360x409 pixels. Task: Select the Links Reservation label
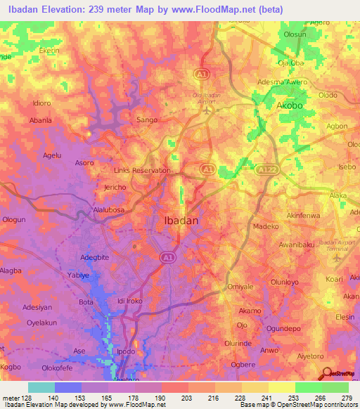pos(142,171)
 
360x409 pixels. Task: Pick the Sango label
pos(146,121)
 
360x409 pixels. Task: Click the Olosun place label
pos(294,34)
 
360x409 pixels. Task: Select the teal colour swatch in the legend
pos(41,387)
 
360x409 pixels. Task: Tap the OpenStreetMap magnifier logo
pos(328,374)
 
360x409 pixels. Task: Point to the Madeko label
pos(266,227)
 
